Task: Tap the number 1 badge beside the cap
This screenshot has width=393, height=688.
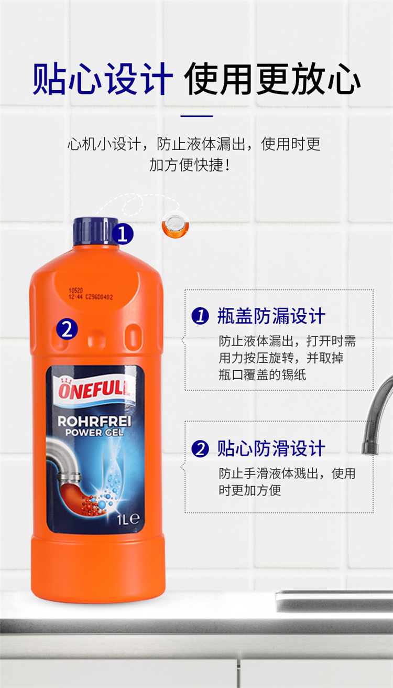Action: [x=123, y=234]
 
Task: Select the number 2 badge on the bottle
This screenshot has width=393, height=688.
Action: [x=67, y=329]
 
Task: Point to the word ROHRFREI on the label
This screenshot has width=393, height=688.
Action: [x=94, y=421]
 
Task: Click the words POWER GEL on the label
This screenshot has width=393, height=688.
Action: [x=94, y=433]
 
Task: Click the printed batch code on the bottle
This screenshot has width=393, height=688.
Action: [x=91, y=294]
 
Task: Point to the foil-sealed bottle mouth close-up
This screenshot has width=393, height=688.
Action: [x=176, y=225]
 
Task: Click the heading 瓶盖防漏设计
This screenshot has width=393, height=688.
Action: [x=271, y=316]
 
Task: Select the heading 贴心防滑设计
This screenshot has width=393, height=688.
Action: [x=271, y=448]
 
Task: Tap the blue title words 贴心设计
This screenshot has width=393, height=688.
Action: [x=103, y=79]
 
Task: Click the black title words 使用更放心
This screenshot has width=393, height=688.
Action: [x=272, y=79]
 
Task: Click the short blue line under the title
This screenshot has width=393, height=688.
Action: [x=196, y=116]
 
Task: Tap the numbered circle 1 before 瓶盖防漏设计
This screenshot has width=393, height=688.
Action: [x=200, y=316]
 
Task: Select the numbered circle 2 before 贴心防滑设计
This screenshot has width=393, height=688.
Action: [x=200, y=449]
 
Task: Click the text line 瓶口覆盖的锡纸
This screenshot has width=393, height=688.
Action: [x=263, y=375]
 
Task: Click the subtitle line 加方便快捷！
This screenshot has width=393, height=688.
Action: [x=190, y=165]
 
